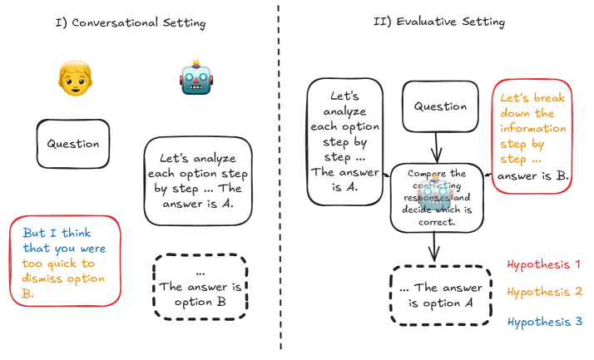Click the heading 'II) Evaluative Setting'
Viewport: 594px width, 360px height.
(438, 22)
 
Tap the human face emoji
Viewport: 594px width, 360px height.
(73, 78)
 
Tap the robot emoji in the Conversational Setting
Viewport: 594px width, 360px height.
(196, 79)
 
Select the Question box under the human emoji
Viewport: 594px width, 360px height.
(73, 144)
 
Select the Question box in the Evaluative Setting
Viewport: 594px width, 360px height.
(440, 107)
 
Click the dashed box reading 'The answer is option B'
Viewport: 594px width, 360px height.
(200, 286)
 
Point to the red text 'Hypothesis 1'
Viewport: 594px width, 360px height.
(544, 265)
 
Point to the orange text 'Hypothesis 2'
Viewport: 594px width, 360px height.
(544, 292)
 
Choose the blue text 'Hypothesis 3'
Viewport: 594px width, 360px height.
(544, 322)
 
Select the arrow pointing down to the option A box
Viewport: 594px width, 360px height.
(434, 248)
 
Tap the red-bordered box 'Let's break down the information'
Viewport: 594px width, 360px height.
(532, 136)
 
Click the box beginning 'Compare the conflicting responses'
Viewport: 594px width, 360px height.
(437, 198)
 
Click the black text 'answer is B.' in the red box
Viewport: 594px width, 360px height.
(533, 176)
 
